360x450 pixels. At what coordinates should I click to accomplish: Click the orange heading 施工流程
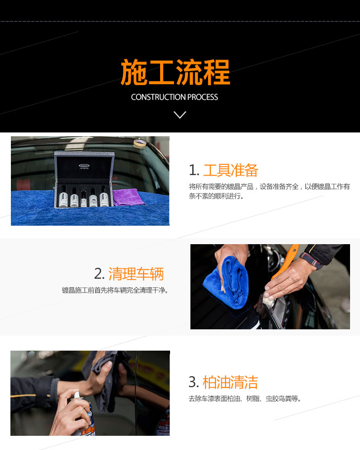coord(175,72)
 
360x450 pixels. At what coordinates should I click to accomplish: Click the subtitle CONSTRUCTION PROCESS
coord(174,97)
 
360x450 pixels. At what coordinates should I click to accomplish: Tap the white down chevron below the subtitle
coord(180,115)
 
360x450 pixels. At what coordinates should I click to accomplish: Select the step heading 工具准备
coord(231,170)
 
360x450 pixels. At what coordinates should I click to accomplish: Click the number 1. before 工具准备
coord(194,170)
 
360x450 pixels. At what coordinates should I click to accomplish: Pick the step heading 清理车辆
coord(136,274)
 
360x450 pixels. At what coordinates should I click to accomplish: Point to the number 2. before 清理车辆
coord(99,274)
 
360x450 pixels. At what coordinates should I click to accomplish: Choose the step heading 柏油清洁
coord(230,382)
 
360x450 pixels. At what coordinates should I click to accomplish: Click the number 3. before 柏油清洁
coord(194,382)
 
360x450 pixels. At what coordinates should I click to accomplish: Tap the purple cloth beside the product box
coord(128,197)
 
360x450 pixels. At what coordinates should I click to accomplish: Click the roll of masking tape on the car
coord(140,143)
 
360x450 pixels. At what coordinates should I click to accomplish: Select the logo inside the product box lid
coord(84,166)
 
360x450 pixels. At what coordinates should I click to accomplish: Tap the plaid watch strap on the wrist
coord(311,260)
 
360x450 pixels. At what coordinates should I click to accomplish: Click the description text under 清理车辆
coord(115,290)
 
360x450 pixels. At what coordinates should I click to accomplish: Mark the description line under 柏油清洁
coord(245,398)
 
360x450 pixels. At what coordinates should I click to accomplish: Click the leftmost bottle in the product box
coord(64,196)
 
